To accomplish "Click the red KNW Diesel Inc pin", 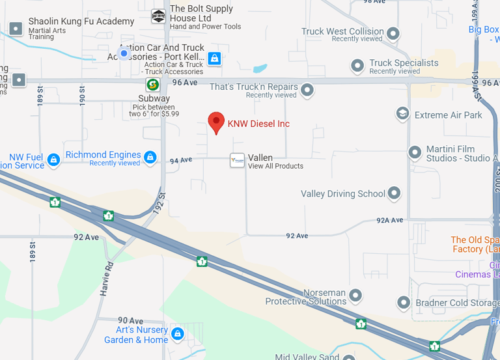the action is point(216,122).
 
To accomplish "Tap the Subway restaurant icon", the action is point(152,84).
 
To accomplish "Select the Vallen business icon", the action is point(237,160).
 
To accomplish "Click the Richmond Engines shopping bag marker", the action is point(150,157).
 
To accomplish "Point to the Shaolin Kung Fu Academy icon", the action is point(16,29).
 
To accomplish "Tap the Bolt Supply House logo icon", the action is point(158,16).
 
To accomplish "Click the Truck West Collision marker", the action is point(393,33).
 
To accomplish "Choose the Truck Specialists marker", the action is point(357,66).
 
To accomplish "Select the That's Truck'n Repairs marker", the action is point(307,89).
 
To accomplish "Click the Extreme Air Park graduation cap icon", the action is point(403,115).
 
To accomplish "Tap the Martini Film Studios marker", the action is point(415,152).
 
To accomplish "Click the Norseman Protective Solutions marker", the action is point(355,296).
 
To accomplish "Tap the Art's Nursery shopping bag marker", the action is point(178,334).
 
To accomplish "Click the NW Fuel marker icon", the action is point(54,160).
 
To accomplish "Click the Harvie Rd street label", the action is point(107,279).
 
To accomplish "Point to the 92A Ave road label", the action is point(390,221).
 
